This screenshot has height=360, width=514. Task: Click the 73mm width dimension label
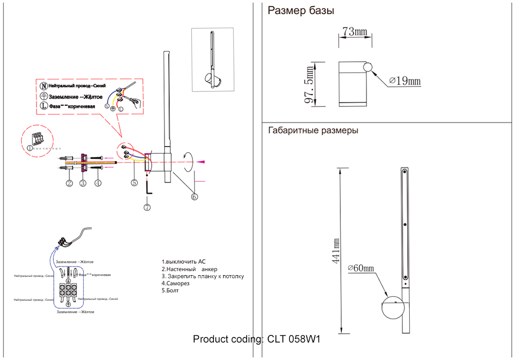[x=355, y=32]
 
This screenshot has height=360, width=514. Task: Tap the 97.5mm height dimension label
[x=309, y=84]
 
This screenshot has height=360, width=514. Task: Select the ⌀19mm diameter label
[x=405, y=81]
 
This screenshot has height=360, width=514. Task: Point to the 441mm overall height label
[x=336, y=251]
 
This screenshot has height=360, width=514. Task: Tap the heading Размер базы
[x=301, y=11]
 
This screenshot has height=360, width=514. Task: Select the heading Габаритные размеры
[x=313, y=130]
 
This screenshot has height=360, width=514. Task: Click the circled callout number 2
[x=69, y=183]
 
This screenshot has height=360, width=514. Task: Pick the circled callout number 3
[x=83, y=183]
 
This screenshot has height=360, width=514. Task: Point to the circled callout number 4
[x=98, y=183]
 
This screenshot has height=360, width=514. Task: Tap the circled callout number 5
[x=134, y=182]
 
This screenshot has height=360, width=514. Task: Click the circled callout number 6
[x=194, y=195]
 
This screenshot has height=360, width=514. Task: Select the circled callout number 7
[x=148, y=207]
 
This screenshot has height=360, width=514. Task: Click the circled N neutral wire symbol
[x=44, y=86]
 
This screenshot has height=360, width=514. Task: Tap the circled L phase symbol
[x=44, y=106]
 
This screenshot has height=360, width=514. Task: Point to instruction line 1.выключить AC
[x=183, y=262]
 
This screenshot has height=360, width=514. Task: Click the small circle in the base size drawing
[x=369, y=67]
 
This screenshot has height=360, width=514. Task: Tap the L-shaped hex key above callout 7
[x=148, y=189]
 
